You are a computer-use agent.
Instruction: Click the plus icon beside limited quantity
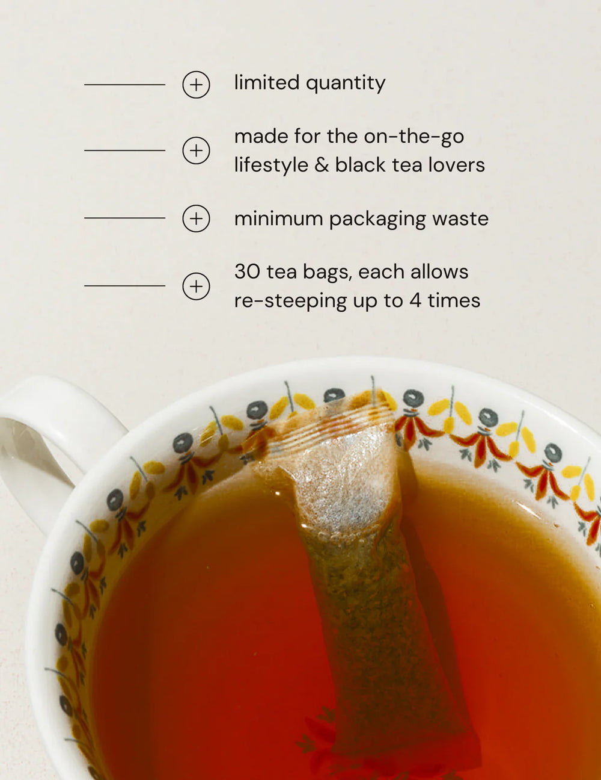(x=196, y=85)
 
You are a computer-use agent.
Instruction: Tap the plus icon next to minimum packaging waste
(x=196, y=218)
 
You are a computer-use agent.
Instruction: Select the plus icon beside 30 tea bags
(x=196, y=286)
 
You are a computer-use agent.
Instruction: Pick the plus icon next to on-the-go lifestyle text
(x=196, y=150)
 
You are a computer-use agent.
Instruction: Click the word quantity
(x=346, y=84)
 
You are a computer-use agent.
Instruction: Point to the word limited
(x=267, y=82)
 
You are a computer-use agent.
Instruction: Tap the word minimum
(x=278, y=218)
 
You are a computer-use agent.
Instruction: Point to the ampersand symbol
(x=322, y=166)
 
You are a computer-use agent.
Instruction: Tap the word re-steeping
(x=290, y=302)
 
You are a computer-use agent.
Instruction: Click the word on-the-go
(x=414, y=137)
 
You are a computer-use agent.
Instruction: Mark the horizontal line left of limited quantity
(x=125, y=85)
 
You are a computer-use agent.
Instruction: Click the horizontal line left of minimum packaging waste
(x=125, y=218)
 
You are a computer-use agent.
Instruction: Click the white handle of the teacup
(x=53, y=442)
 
